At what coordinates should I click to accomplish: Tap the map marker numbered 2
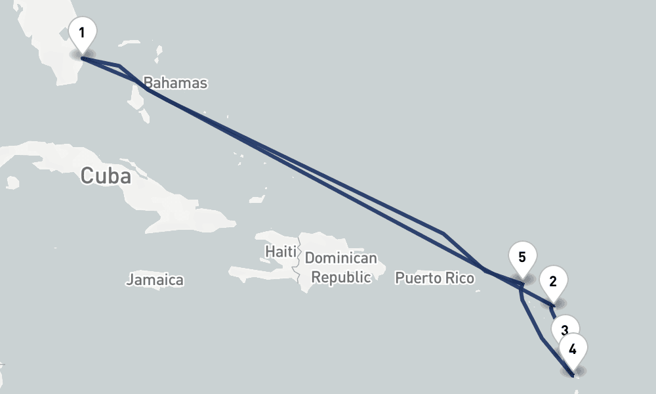coord(553,283)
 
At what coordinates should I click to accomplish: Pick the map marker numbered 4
coord(573,350)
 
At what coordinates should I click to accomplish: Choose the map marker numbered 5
coord(522,258)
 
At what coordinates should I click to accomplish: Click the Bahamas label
coord(175,83)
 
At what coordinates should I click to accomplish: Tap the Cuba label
coord(106,176)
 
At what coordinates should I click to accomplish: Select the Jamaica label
coord(155,280)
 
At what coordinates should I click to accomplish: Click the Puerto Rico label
coord(434,278)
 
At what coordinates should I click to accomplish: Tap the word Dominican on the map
coord(341,258)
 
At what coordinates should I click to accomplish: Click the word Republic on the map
coord(341,277)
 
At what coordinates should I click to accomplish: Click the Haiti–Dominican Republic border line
coord(299,263)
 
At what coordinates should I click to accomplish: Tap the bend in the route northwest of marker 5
coord(444,233)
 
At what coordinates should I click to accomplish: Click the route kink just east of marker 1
coord(119,65)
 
